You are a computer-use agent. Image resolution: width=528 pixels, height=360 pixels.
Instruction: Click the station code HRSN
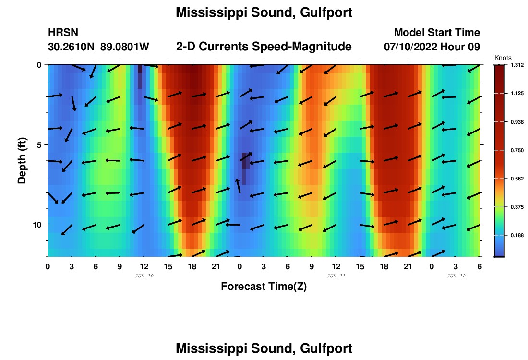point(63,33)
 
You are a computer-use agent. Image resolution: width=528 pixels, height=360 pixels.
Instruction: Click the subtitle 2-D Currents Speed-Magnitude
point(264,47)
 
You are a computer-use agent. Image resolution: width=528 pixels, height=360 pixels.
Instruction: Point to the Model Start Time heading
point(437,33)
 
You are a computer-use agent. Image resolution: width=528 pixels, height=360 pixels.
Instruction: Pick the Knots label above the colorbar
point(503,58)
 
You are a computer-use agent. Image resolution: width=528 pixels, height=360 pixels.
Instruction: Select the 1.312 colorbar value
point(517,65)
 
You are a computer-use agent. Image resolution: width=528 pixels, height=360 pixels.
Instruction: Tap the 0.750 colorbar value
point(517,150)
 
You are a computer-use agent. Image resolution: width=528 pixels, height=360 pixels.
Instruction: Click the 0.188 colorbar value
point(517,235)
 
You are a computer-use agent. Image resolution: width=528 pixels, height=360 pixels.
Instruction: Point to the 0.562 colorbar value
point(517,179)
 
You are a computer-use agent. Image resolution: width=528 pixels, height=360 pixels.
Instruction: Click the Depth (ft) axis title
point(22,159)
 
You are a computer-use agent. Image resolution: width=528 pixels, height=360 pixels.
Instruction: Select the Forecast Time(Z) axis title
point(264,287)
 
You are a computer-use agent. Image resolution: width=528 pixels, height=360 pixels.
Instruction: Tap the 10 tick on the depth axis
point(39,225)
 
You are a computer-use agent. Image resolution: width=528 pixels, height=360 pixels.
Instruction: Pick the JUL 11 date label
point(336,276)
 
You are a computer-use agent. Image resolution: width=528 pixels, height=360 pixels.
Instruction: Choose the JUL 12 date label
point(456,276)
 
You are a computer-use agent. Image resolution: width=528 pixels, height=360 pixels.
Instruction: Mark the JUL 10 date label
point(144,276)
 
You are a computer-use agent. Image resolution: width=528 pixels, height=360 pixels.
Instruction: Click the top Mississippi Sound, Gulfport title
point(264,13)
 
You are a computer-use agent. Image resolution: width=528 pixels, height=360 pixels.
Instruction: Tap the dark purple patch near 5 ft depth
point(244,163)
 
